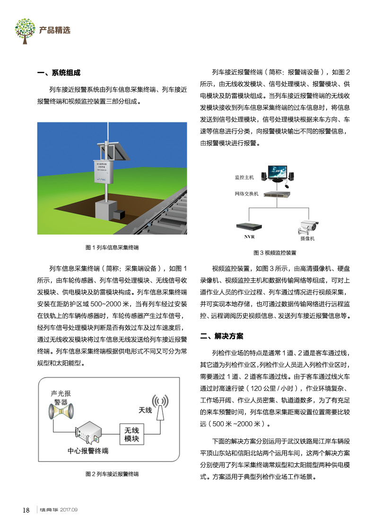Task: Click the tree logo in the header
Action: [25, 29]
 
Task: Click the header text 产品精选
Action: [55, 30]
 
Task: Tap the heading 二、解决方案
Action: [222, 337]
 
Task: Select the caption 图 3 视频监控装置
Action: [275, 253]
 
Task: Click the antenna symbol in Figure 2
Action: [160, 407]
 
